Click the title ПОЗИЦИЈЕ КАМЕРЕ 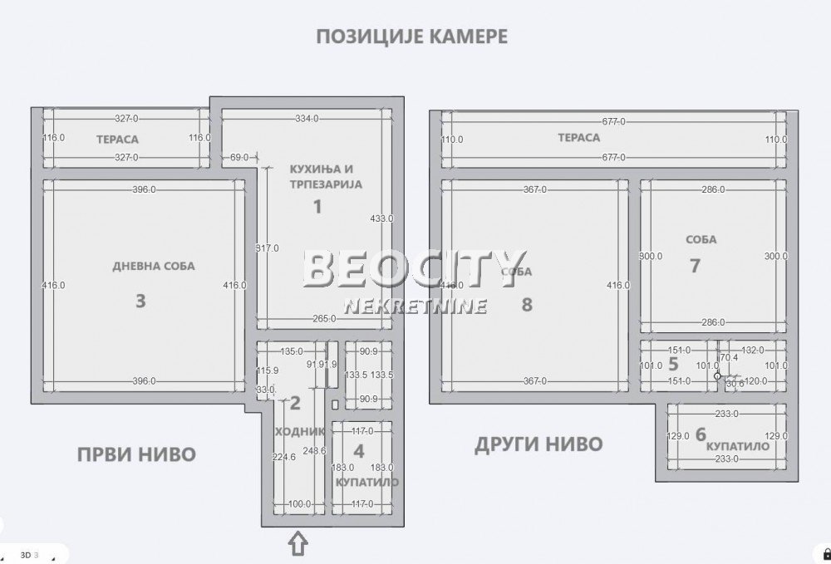[x=411, y=37]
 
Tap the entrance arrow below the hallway [x=297, y=544]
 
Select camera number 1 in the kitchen [x=317, y=206]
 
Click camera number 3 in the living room [x=140, y=301]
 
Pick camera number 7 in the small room [x=696, y=266]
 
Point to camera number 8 [x=526, y=304]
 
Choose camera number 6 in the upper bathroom [x=701, y=434]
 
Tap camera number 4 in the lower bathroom [x=358, y=452]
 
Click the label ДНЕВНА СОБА [x=154, y=267]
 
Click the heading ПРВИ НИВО [x=136, y=454]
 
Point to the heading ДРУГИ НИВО [x=538, y=444]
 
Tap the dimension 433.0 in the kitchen [x=381, y=218]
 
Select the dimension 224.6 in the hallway [x=283, y=456]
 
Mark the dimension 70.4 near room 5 [x=729, y=358]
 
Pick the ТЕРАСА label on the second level [x=578, y=138]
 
